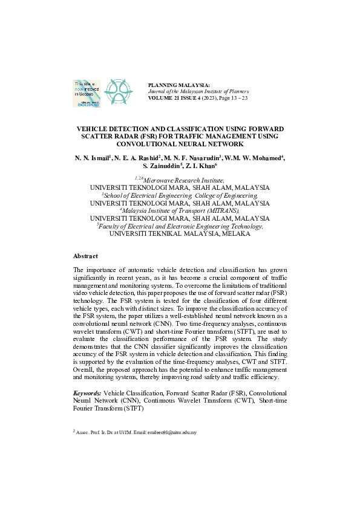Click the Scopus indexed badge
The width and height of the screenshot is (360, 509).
(x=87, y=92)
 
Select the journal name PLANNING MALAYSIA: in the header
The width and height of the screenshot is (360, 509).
(x=179, y=85)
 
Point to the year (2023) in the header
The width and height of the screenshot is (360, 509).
(x=208, y=98)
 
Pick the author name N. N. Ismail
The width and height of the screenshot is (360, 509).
(x=92, y=158)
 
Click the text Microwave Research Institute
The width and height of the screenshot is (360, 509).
(x=184, y=180)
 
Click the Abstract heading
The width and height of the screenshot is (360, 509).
(x=85, y=256)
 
